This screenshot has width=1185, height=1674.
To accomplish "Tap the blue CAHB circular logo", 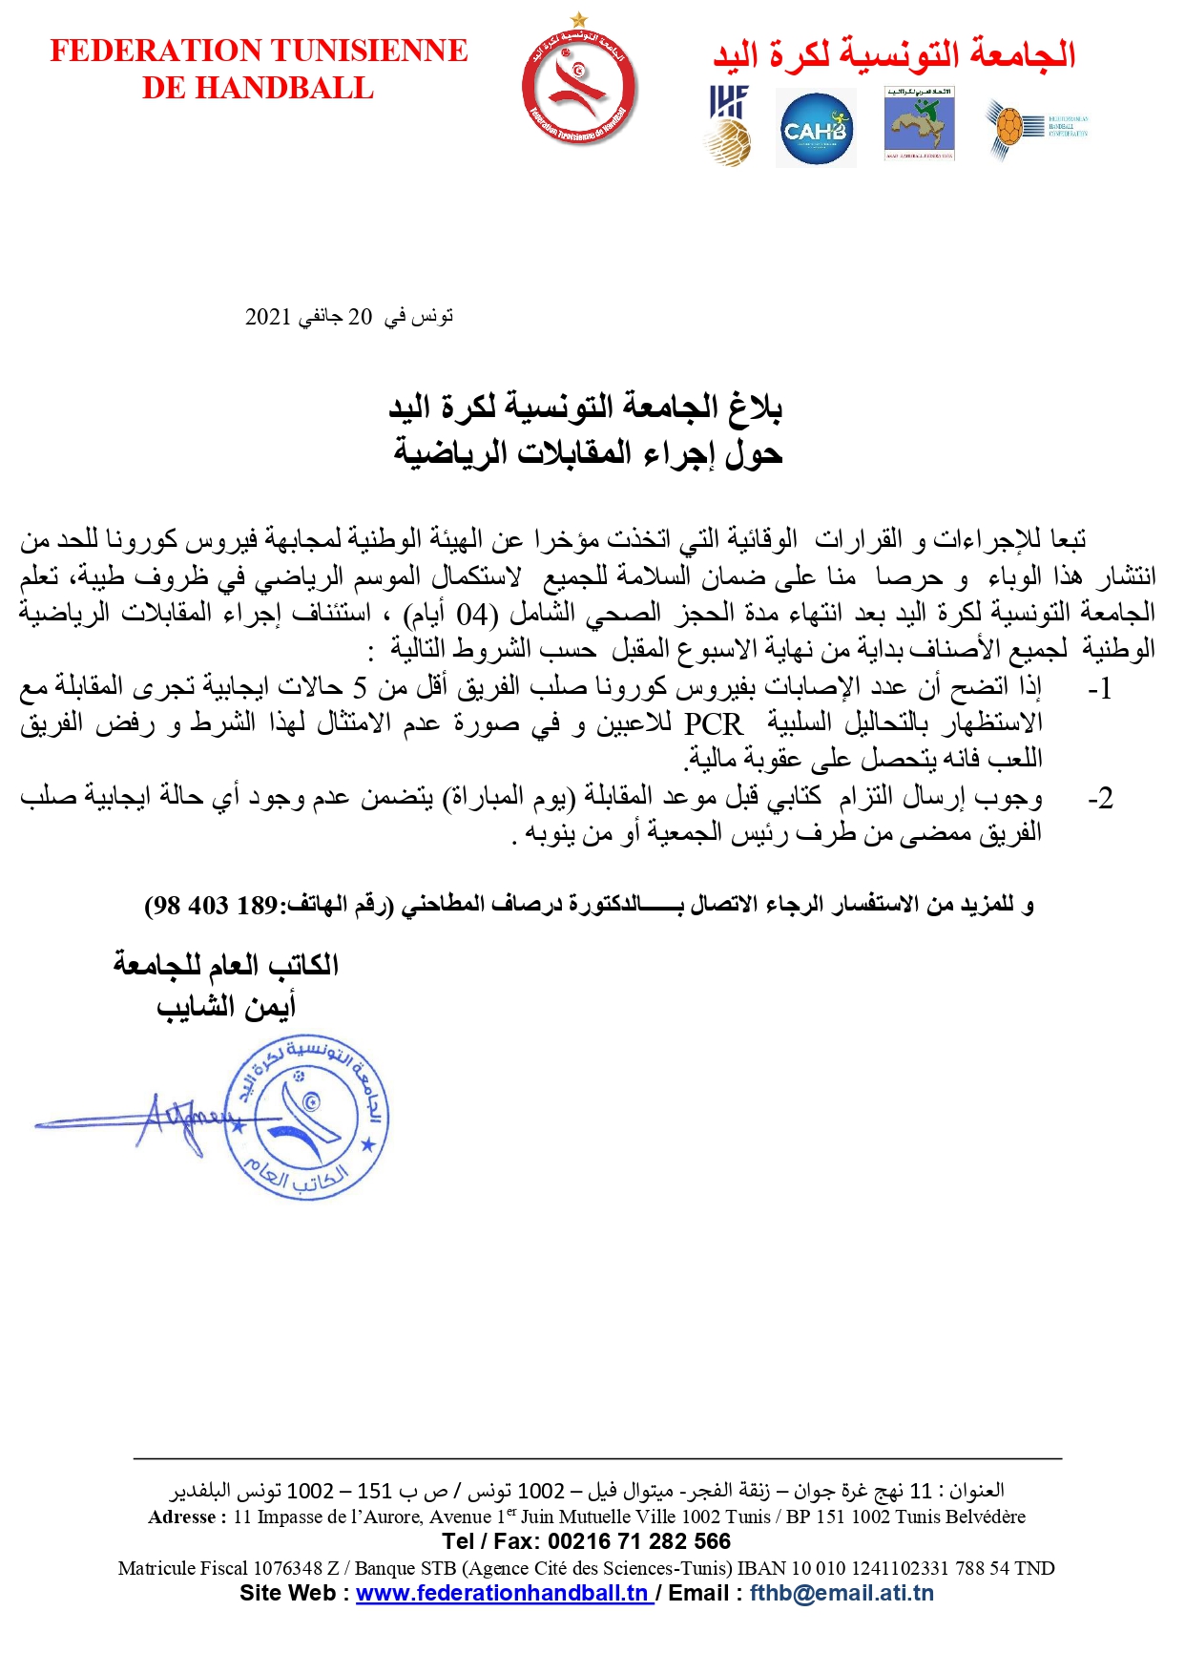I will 815,129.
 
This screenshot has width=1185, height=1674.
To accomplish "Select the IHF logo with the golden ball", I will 729,126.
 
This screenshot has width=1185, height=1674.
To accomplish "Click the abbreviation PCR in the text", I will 713,723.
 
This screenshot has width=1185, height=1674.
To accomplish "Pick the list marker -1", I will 1099,689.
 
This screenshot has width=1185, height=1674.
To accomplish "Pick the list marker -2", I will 1099,798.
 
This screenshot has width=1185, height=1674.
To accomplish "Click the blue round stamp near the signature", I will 305,1117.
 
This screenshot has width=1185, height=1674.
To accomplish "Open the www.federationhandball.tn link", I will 503,1593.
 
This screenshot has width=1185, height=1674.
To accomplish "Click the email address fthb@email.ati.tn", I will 842,1593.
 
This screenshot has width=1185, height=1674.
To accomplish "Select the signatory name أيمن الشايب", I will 226,1006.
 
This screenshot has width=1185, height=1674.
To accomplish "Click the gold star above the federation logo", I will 578,18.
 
